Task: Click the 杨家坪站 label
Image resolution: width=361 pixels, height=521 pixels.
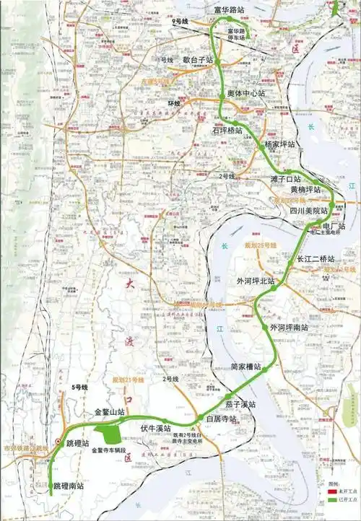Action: click(279, 144)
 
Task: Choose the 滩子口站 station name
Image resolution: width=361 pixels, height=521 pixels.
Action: click(285, 178)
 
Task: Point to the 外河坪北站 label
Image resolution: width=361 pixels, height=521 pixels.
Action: click(256, 281)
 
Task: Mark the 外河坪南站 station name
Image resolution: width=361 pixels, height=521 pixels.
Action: click(289, 328)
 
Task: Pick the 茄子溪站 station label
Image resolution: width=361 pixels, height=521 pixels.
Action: click(240, 404)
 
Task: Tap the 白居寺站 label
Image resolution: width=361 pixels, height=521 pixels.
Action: click(222, 419)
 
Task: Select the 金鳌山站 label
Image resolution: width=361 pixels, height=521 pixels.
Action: click(110, 413)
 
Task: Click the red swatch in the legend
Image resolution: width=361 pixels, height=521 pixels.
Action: click(333, 491)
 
